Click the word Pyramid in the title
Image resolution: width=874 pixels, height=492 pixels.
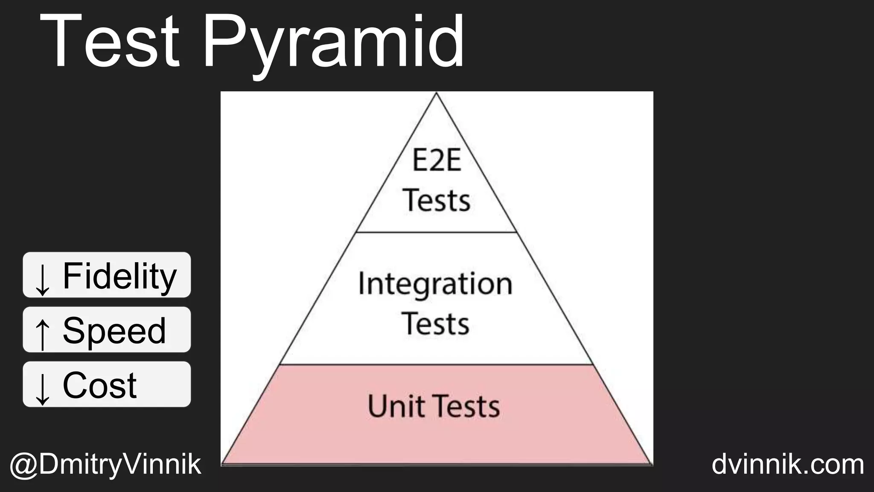click(333, 45)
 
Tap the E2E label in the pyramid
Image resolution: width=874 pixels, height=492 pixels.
click(437, 161)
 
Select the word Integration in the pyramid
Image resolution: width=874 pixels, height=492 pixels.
click(435, 284)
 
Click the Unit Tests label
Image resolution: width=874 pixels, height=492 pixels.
click(434, 406)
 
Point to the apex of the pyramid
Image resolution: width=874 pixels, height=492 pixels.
click(436, 94)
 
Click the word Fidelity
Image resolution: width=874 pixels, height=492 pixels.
click(119, 276)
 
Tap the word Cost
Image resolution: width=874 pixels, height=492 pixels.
click(99, 385)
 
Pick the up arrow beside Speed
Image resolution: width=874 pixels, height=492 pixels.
click(42, 334)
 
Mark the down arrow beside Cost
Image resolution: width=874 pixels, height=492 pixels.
click(42, 388)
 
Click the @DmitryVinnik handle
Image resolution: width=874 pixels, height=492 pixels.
click(105, 465)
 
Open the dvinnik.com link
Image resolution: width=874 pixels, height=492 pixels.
click(788, 464)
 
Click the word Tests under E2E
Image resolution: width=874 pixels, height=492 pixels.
click(436, 200)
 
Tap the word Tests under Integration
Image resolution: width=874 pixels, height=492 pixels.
click(435, 323)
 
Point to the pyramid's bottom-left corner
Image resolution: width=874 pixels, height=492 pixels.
click(222, 464)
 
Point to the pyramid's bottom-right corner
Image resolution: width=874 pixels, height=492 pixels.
click(652, 464)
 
